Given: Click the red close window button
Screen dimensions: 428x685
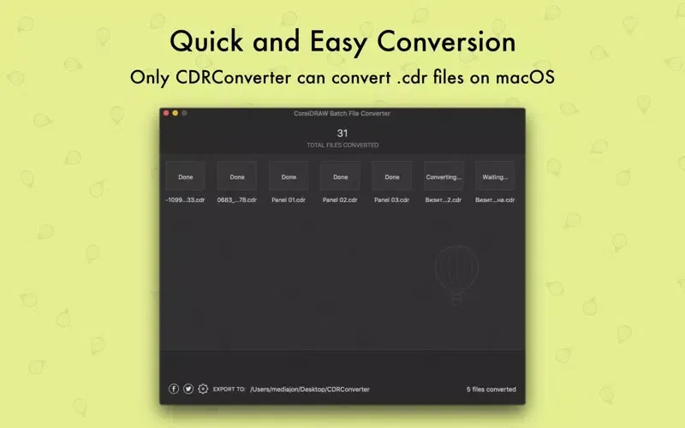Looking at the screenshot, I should [166, 113].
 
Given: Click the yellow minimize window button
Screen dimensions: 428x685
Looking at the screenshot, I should [175, 113].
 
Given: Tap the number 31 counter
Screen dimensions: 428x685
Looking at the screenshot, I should [342, 133].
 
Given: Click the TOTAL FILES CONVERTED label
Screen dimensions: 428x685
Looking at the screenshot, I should [342, 146].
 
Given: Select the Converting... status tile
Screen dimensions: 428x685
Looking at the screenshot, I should [444, 176].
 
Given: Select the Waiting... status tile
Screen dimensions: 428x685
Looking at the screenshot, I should [495, 176].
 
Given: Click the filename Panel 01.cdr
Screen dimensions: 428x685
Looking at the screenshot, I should [289, 199].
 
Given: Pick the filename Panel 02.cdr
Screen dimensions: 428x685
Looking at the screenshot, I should [340, 199].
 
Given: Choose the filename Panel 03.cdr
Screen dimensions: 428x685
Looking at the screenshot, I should [392, 199].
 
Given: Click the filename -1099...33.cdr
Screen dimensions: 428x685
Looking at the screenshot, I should [185, 199].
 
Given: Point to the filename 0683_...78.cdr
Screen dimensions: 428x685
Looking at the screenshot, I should [237, 199].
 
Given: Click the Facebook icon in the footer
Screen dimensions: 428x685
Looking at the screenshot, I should [174, 389].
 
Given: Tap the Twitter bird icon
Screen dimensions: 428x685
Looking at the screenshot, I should [188, 389].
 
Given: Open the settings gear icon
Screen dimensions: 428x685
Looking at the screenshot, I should [203, 389].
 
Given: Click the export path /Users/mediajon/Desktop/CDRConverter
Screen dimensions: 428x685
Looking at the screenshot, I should [310, 389].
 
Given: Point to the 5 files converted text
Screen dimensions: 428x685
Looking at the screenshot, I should [491, 389].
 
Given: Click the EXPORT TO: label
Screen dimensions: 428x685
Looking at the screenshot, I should [229, 389].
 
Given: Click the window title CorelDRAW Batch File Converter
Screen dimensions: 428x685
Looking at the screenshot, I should [342, 113].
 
